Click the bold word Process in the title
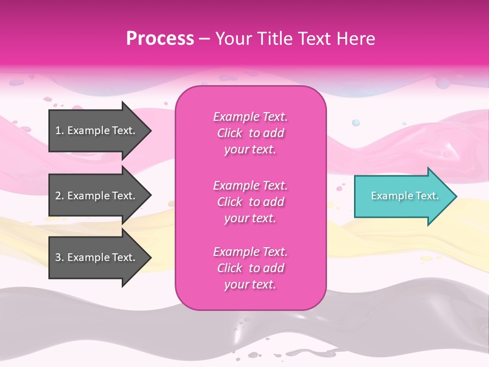point(160,38)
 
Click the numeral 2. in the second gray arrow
point(60,196)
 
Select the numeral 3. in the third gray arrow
point(60,257)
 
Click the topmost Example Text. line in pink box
point(250,117)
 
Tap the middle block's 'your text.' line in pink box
point(250,218)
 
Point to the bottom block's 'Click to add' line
point(250,268)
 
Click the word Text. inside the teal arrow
point(427,196)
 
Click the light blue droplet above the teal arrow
point(356,123)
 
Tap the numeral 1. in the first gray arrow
point(60,130)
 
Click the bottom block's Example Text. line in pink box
point(250,252)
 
